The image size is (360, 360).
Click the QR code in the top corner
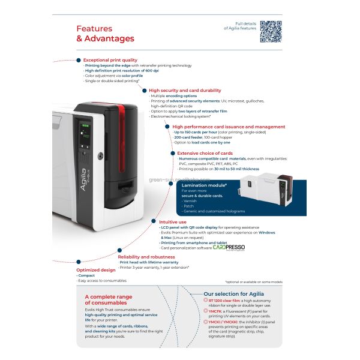(x=271, y=31)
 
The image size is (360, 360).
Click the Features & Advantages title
(x=105, y=34)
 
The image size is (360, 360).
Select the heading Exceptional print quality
(x=110, y=60)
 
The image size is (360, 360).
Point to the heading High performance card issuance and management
(x=228, y=127)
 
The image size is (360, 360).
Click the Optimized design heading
(x=95, y=270)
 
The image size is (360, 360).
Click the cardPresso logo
(x=229, y=247)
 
